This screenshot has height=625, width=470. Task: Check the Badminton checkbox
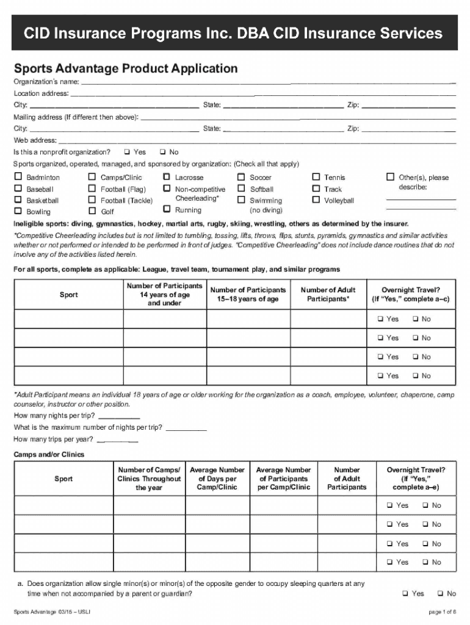pyautogui.click(x=18, y=178)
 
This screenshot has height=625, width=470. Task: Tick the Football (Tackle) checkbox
pyautogui.click(x=92, y=200)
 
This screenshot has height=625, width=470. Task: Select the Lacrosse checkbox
pyautogui.click(x=167, y=178)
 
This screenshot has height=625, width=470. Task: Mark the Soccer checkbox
pyautogui.click(x=242, y=178)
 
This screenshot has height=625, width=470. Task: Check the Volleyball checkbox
pyautogui.click(x=316, y=200)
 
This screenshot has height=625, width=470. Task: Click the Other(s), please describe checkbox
pyautogui.click(x=391, y=178)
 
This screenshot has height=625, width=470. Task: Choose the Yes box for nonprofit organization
pyautogui.click(x=127, y=152)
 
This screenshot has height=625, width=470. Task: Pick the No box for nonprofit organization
pyautogui.click(x=162, y=152)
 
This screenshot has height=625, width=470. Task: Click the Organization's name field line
pyautogui.click(x=269, y=82)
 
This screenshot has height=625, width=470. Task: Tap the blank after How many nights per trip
pyautogui.click(x=110, y=416)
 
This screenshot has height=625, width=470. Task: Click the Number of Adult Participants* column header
pyautogui.click(x=328, y=294)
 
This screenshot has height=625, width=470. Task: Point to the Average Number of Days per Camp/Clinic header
pyautogui.click(x=217, y=479)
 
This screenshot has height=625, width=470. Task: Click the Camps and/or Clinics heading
pyautogui.click(x=49, y=455)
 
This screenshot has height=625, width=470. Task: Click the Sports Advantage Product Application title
pyautogui.click(x=126, y=68)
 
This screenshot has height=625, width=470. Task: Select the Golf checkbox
pyautogui.click(x=92, y=211)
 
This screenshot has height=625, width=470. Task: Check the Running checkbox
pyautogui.click(x=167, y=209)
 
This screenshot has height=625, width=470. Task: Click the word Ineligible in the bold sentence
pyautogui.click(x=30, y=223)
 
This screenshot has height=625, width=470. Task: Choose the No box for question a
pyautogui.click(x=440, y=593)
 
